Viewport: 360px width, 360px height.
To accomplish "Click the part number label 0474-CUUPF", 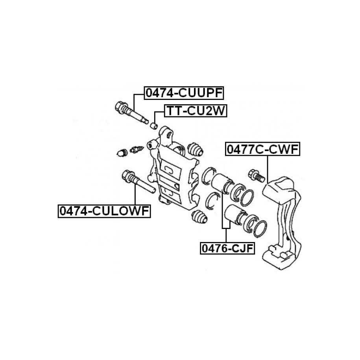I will [x=184, y=93].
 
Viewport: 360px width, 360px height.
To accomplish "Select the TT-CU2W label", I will [x=196, y=111].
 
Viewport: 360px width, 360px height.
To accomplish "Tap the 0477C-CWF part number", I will [x=262, y=150].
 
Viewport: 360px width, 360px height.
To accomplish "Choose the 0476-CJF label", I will [x=227, y=248].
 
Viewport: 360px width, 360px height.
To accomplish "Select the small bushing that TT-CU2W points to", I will [x=155, y=126].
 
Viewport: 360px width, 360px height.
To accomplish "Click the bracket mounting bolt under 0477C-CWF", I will [x=255, y=175].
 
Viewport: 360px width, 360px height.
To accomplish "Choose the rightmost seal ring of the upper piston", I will [x=247, y=198].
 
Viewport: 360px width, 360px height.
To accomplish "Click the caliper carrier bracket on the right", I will [x=284, y=220].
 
